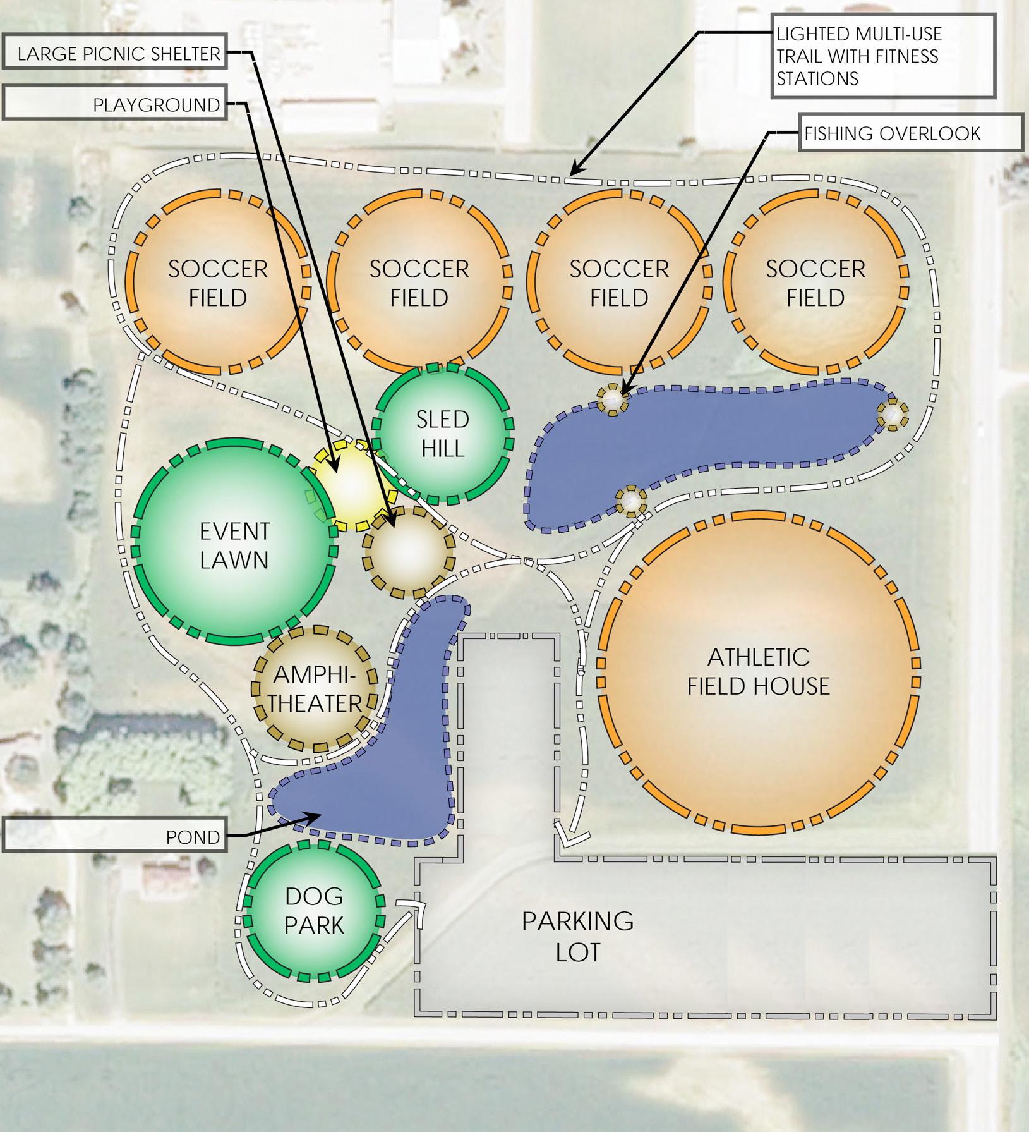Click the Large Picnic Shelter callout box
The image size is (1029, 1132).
pos(114,53)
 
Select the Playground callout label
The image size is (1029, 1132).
pos(114,104)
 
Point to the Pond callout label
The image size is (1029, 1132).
pos(114,837)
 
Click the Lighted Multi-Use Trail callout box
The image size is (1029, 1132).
pos(883,56)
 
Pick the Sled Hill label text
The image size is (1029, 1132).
pos(443,434)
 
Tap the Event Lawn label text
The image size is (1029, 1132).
pos(234,545)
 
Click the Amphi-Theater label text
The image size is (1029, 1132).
pos(315,690)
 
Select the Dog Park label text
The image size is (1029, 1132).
pos(314,910)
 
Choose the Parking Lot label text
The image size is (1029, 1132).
pos(577,936)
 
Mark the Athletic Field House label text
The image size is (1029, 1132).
pos(759,671)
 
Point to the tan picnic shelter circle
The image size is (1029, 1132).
pos(409,552)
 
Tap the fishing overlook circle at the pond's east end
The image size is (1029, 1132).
pos(892,415)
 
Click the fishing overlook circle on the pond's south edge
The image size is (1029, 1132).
pos(631,501)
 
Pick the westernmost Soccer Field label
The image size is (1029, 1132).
pos(218,283)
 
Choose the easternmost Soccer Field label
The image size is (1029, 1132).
pos(815,283)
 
